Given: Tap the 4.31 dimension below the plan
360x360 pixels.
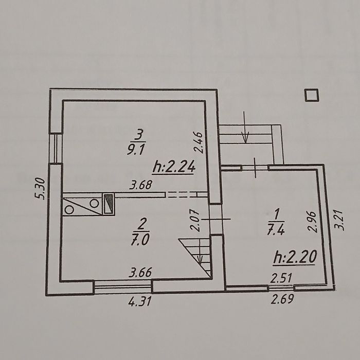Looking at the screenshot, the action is [140, 301].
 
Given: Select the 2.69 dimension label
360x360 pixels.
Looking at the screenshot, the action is [282, 299].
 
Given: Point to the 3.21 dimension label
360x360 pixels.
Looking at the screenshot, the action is [339, 220].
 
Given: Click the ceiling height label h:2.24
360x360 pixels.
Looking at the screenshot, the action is [174, 167].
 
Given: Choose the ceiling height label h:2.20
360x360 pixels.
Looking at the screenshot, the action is [295, 257].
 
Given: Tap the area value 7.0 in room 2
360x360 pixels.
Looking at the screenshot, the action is [140, 240].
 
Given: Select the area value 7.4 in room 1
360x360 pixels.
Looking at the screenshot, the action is [276, 229].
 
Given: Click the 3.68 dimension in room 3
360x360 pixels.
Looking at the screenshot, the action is [140, 185].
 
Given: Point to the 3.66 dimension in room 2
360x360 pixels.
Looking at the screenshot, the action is [140, 273].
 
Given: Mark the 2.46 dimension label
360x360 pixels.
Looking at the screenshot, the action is [198, 142].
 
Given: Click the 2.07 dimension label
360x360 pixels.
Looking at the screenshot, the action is [195, 221].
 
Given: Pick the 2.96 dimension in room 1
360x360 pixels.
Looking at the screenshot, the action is [313, 222].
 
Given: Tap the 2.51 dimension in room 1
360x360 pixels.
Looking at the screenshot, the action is [281, 278].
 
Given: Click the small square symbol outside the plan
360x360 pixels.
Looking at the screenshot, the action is [312, 95].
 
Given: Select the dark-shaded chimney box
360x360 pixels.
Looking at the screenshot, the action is [109, 204].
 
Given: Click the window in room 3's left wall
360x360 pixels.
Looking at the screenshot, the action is [56, 148].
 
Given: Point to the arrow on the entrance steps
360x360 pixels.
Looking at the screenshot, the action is [245, 127].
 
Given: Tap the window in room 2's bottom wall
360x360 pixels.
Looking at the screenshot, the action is [123, 286].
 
